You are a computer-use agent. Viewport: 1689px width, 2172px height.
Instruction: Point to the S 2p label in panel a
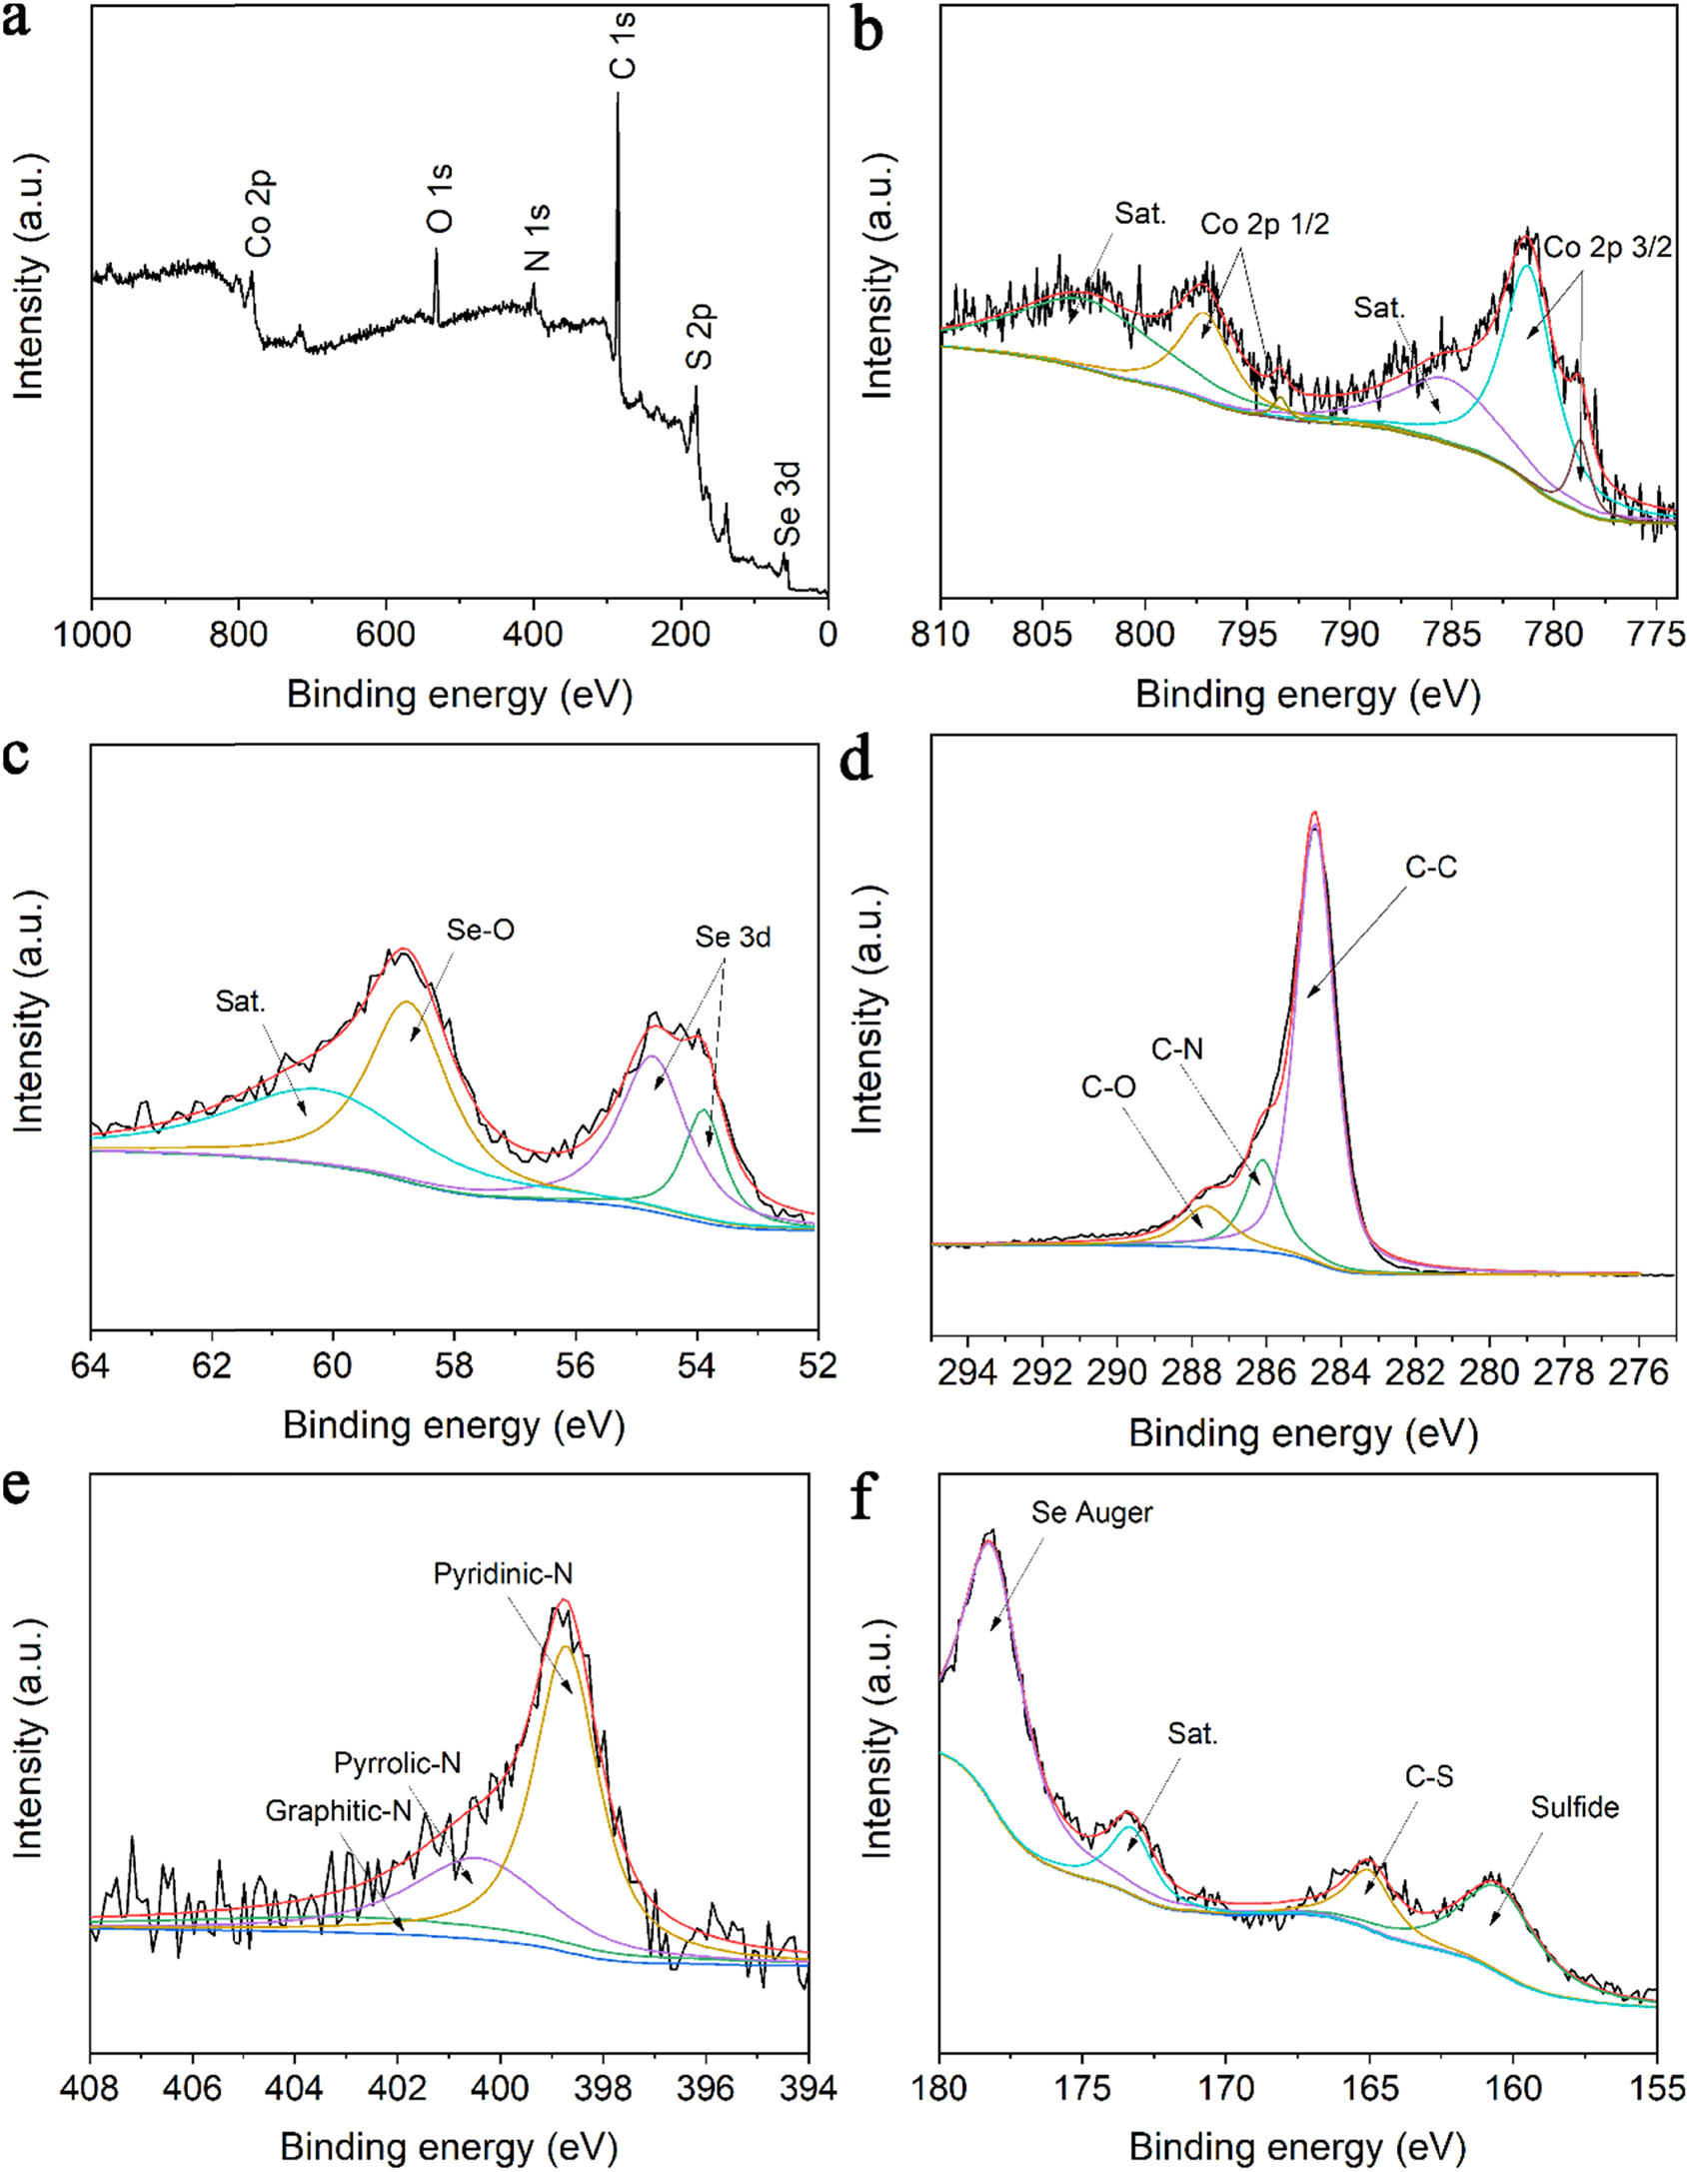702,337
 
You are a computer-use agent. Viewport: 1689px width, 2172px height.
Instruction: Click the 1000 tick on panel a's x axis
92,634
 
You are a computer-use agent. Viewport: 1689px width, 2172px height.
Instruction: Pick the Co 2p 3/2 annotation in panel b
1607,247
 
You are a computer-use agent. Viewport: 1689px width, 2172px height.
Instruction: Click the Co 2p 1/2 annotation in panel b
1264,224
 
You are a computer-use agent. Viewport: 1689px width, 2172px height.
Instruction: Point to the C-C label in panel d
1431,868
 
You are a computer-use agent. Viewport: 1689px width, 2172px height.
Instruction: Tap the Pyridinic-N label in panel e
503,1574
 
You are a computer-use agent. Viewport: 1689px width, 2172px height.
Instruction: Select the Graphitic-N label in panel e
338,1810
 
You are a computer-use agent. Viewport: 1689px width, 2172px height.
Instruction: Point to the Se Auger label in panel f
1091,1512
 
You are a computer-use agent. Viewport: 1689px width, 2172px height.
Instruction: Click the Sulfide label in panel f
1574,1807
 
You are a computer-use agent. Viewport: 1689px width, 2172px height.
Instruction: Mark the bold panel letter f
863,1500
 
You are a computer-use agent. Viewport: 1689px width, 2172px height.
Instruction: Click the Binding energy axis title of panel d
1302,1435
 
